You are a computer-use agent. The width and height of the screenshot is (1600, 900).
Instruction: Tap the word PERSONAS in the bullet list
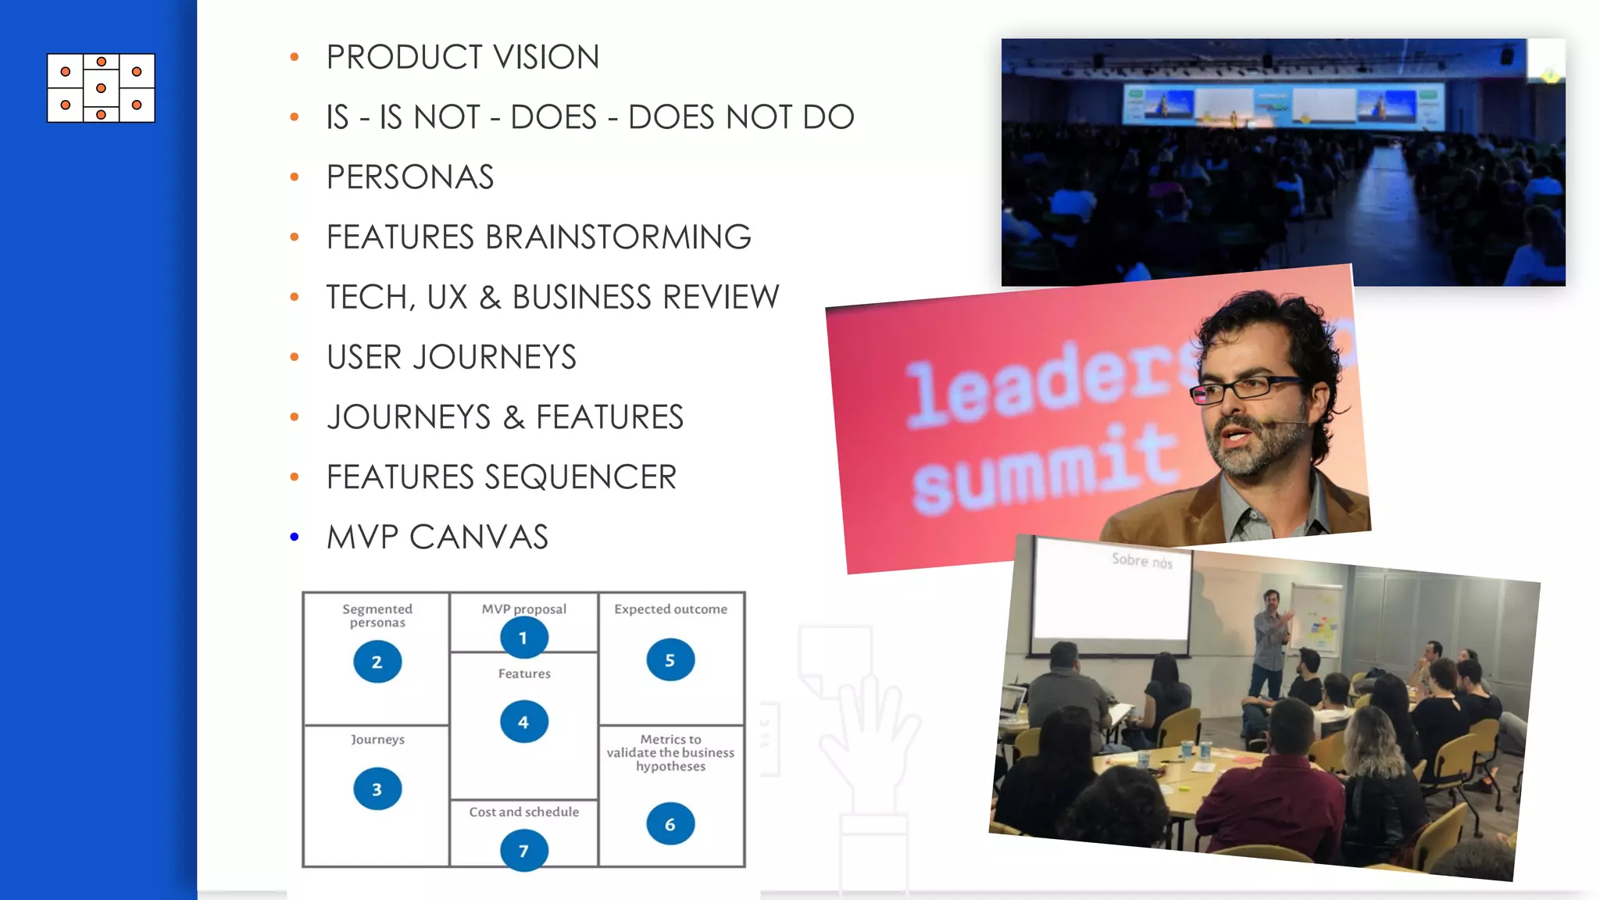point(410,177)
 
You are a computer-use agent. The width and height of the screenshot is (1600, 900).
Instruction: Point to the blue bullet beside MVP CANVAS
point(295,537)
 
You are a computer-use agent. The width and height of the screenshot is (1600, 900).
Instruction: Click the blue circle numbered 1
point(523,637)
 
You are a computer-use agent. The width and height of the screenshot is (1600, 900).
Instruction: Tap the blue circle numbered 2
point(377,662)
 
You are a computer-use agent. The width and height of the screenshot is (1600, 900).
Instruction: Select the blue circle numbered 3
point(377,789)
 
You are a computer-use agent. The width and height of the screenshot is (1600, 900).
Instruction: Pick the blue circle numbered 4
point(523,722)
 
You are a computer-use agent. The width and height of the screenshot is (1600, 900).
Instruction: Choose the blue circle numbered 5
point(670,660)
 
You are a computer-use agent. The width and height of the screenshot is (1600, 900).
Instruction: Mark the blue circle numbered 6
point(670,823)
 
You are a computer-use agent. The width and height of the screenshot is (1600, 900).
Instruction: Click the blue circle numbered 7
point(523,850)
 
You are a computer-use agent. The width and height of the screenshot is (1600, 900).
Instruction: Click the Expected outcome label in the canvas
point(670,609)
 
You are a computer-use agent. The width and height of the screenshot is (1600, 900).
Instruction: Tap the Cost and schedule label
point(524,812)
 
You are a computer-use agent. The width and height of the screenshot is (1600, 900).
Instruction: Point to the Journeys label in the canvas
point(377,740)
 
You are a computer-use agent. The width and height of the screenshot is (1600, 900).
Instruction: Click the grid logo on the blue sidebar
point(101,88)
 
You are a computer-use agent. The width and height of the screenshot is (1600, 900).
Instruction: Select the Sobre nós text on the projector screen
point(1141,560)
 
